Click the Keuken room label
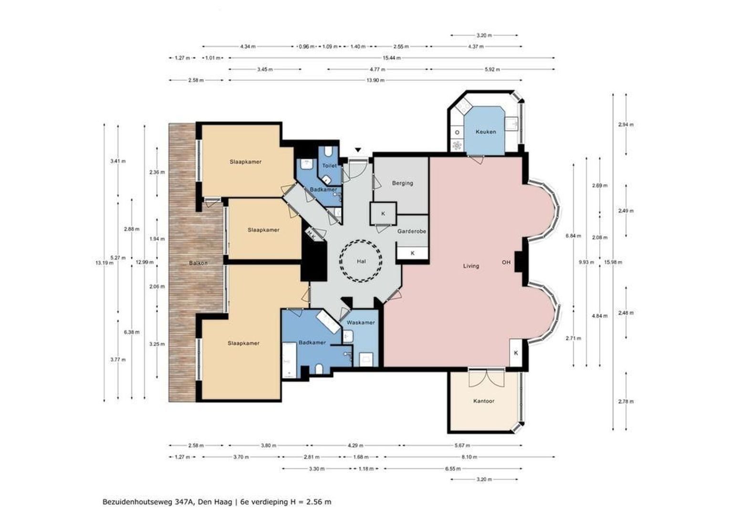coord(486,132)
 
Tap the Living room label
coord(471,266)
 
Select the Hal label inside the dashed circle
coord(361,261)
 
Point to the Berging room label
coord(403,183)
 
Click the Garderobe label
coord(412,231)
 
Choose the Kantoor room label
coord(484,401)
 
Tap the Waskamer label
coord(361,322)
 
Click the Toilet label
coord(329,165)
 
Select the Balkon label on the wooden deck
coord(198,263)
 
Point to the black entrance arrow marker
coord(358,150)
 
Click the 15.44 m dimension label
coord(392,58)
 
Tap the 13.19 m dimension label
coord(104,263)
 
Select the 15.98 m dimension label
coord(613,262)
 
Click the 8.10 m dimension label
coord(469,457)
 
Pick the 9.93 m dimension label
coord(586,262)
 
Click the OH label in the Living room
coord(506,262)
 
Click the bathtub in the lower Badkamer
coord(289,360)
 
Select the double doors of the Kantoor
coord(486,378)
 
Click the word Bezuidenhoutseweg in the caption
coord(138,502)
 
